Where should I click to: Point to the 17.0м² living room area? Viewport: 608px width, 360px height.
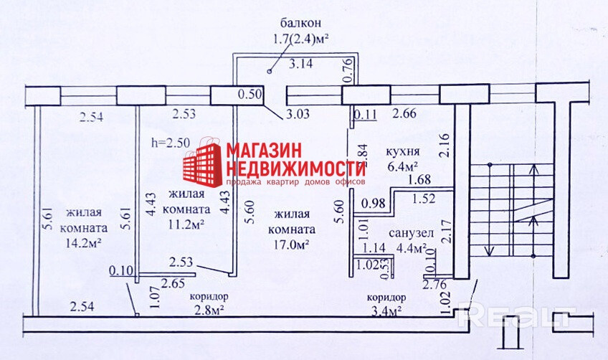coord(290,245)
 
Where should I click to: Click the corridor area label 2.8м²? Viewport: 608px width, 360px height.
coord(209,310)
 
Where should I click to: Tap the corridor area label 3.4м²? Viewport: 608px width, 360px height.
coord(386,310)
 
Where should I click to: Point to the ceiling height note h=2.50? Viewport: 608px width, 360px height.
coord(171,142)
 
